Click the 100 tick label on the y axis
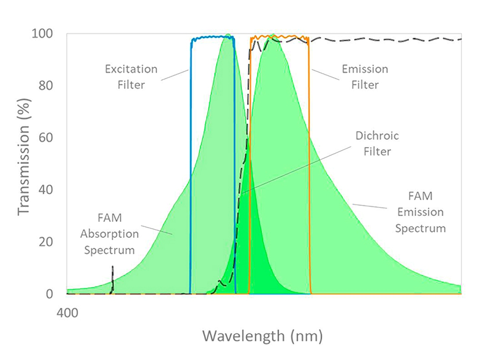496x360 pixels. tap(42, 33)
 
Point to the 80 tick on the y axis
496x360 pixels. tap(46, 85)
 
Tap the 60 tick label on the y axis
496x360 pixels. tap(46, 137)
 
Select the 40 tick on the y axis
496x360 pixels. tap(46, 189)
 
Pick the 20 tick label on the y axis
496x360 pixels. tap(46, 242)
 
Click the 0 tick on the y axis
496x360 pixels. tap(49, 294)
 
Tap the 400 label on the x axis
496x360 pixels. tap(67, 313)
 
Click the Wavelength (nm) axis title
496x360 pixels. tap(263, 336)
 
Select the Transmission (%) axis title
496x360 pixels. tap(24, 157)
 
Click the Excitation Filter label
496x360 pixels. tap(131, 77)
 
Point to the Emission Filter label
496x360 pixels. tap(365, 77)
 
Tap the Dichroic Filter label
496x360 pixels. tap(377, 143)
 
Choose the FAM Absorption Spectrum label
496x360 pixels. tap(109, 234)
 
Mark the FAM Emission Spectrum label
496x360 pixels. tap(420, 212)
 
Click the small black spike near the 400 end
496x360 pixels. tap(113, 279)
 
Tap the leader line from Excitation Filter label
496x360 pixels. tap(175, 75)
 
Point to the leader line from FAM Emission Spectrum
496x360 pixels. tap(370, 206)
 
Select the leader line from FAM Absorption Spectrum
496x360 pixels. tap(157, 230)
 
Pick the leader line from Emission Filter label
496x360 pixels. tap(325, 75)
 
